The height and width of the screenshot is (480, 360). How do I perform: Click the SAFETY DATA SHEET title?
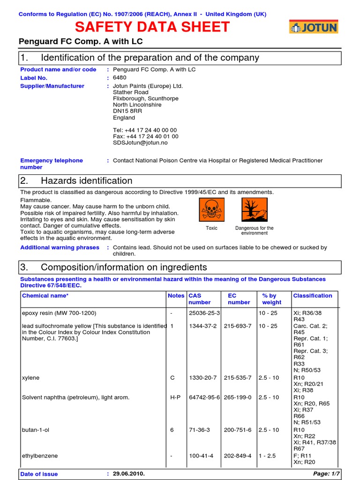[x=152, y=27]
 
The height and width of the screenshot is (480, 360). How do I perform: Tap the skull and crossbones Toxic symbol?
[x=212, y=210]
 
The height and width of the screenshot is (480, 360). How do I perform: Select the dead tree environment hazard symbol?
[x=255, y=210]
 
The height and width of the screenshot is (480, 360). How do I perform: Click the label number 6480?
[x=120, y=78]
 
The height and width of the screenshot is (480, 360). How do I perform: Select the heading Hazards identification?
[x=87, y=181]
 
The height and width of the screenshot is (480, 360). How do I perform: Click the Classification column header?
[x=313, y=296]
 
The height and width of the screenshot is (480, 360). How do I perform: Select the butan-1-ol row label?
[x=36, y=430]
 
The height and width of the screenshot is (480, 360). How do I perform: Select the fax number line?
[x=145, y=136]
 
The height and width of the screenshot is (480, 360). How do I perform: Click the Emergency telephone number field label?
[x=52, y=164]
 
